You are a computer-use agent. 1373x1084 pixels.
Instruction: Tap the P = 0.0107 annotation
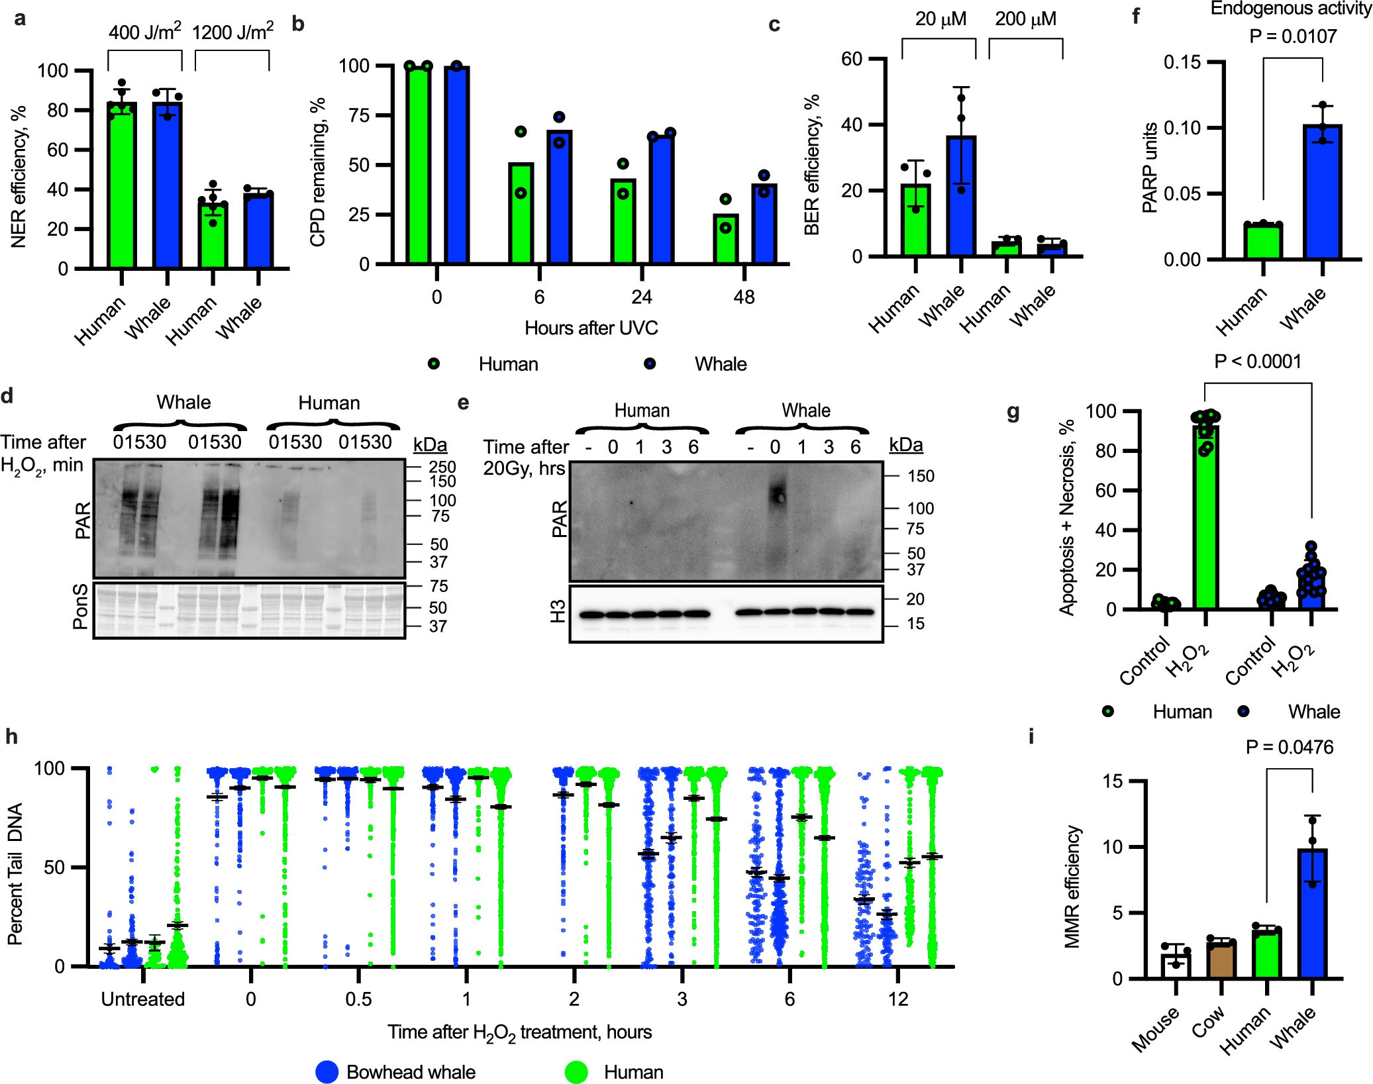pyautogui.click(x=1292, y=36)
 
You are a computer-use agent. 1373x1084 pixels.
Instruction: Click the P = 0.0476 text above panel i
pyautogui.click(x=1289, y=747)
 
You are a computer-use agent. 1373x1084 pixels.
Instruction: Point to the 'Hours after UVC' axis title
pyautogui.click(x=591, y=328)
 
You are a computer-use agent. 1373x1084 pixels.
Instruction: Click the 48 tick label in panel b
pyautogui.click(x=744, y=297)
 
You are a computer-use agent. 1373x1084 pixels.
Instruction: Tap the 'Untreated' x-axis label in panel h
pyautogui.click(x=142, y=999)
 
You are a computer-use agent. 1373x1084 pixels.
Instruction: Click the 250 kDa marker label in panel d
pyautogui.click(x=442, y=467)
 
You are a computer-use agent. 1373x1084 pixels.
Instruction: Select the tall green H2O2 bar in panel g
pyautogui.click(x=1205, y=517)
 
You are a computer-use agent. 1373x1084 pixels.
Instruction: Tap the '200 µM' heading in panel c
pyautogui.click(x=1025, y=19)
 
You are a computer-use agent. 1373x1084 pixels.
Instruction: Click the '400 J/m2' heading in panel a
pyautogui.click(x=144, y=32)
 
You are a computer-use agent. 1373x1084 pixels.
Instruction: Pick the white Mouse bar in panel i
pyautogui.click(x=1176, y=965)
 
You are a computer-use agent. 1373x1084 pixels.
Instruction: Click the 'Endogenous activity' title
pyautogui.click(x=1290, y=9)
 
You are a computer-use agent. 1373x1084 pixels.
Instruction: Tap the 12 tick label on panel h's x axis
pyautogui.click(x=897, y=999)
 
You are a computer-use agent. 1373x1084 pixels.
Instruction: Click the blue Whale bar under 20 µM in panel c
pyautogui.click(x=961, y=195)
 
